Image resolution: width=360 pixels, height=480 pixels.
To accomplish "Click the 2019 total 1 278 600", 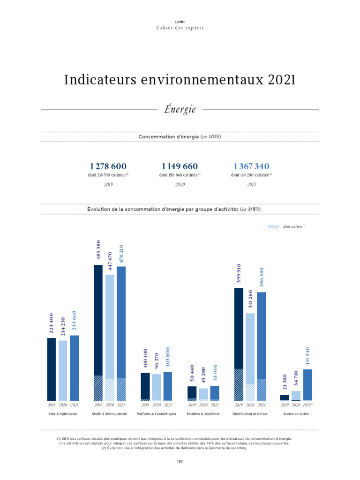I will point(108,166).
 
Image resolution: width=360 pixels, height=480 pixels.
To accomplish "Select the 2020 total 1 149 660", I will point(180,166).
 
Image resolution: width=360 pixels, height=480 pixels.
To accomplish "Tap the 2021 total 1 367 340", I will point(251,166).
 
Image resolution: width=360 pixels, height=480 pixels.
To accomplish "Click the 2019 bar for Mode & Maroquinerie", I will point(98,332).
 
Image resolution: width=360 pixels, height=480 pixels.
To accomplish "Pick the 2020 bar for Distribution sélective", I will point(250,356).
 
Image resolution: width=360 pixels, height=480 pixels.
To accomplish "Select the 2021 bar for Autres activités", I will point(307,384).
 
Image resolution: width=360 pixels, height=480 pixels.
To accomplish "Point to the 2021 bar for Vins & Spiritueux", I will point(74,367).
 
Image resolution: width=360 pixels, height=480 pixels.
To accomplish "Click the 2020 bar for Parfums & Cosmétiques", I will point(156,387).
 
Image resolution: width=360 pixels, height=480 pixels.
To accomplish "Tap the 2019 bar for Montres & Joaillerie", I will point(192,393).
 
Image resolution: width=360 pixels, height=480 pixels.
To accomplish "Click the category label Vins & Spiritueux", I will point(63,414).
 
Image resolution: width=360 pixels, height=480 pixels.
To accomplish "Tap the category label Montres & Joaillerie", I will point(203,414).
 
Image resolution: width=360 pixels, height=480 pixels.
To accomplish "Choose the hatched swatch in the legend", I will point(273,226).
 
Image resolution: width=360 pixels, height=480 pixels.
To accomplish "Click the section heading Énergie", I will point(180,109).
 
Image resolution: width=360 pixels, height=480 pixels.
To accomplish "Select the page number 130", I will point(180,461).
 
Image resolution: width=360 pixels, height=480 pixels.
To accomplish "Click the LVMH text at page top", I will point(180,22).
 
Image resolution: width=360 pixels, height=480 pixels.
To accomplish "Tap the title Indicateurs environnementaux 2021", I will point(180,81).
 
